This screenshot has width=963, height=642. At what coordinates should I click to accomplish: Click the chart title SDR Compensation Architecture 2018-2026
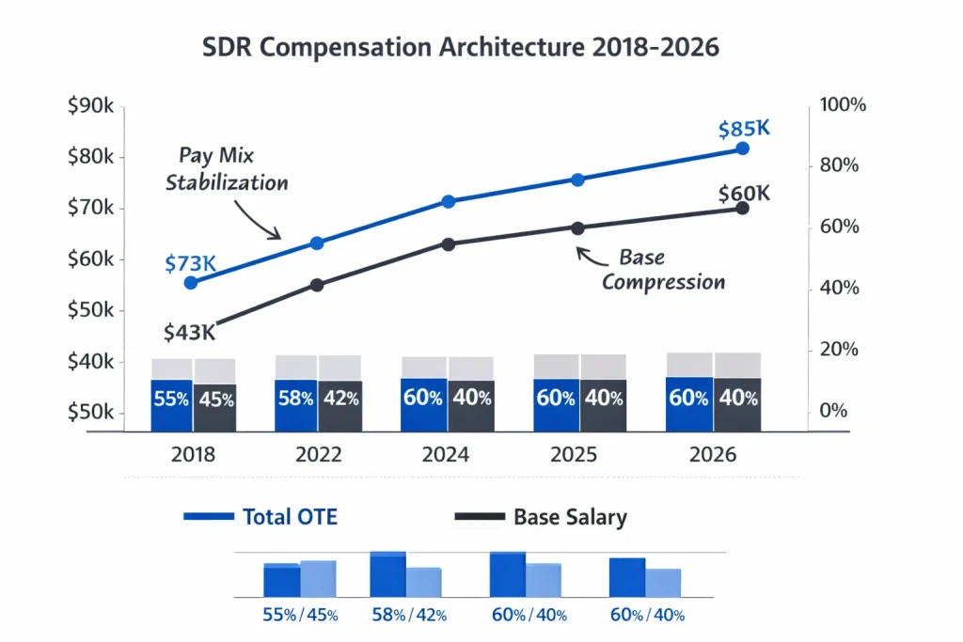461,48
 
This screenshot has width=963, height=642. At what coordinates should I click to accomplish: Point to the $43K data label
189,332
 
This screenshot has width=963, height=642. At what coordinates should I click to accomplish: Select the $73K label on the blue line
190,264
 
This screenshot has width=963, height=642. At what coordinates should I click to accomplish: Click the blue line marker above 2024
449,201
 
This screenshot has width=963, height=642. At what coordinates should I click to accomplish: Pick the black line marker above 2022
317,285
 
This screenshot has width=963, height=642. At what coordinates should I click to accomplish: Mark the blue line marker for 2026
742,149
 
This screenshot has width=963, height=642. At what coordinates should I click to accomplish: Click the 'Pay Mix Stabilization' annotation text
227,168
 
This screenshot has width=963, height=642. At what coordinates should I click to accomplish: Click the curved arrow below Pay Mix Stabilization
255,219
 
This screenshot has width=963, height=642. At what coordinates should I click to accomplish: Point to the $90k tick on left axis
91,106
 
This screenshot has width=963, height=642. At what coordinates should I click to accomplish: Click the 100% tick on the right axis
843,104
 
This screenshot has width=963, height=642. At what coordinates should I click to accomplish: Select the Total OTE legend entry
260,516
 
